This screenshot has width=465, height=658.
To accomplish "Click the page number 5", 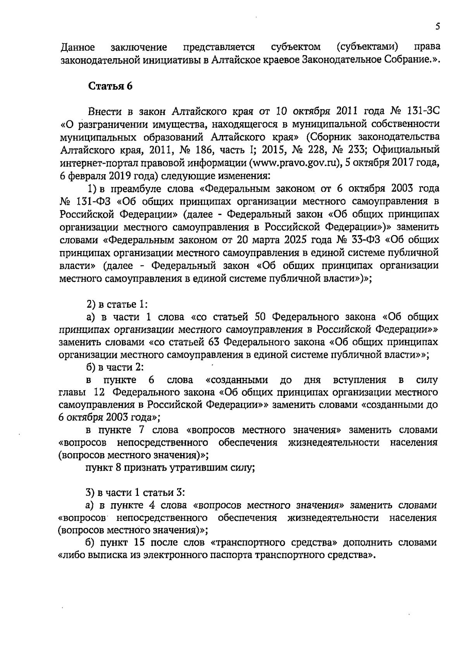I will (x=437, y=26).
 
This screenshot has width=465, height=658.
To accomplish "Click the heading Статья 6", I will (x=110, y=86).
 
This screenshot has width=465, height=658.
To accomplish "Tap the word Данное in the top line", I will (x=78, y=48).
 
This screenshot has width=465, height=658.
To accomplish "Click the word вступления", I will (x=359, y=380).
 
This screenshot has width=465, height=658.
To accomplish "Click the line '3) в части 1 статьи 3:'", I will (x=135, y=493).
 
